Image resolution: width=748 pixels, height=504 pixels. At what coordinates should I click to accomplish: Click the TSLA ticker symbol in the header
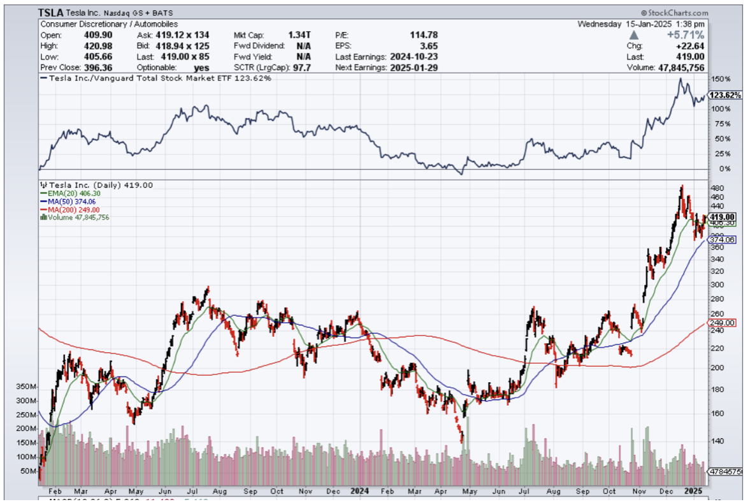coord(51,13)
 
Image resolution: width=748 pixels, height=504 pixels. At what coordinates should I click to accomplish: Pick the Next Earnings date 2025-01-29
coord(415,68)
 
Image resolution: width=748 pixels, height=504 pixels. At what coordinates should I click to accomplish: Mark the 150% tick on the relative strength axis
coord(721,78)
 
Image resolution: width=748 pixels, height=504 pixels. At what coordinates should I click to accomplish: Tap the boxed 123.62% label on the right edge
coord(725,95)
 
